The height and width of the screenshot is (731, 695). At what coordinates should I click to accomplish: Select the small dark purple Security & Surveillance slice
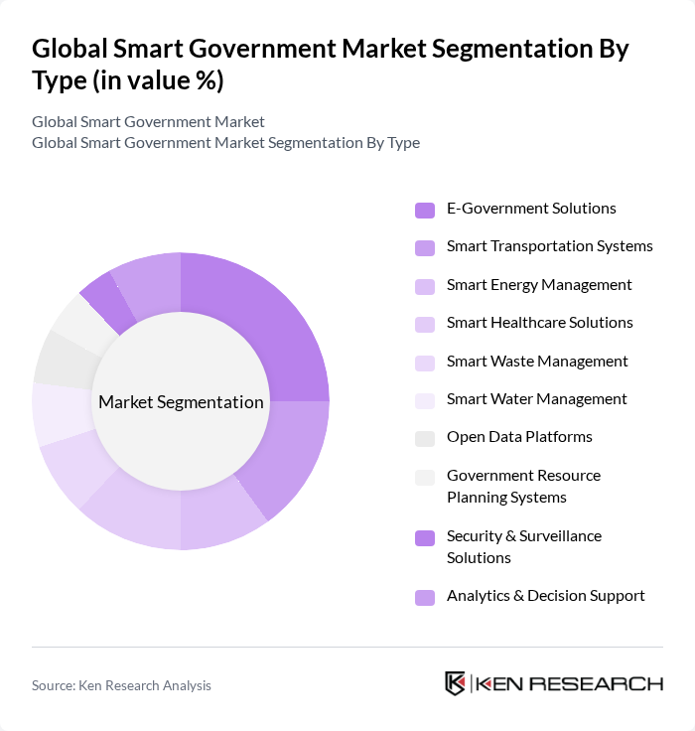point(108,302)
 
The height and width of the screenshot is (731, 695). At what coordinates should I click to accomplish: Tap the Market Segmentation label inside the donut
point(181,402)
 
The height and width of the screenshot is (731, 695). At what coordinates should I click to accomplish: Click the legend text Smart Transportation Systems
point(549,246)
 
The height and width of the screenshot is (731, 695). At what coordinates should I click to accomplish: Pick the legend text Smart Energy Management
point(538,285)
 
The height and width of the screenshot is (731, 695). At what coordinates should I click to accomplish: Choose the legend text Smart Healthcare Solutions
point(539,323)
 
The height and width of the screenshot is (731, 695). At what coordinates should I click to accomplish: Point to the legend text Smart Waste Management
point(537,362)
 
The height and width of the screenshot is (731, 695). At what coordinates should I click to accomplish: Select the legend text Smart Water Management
point(536,399)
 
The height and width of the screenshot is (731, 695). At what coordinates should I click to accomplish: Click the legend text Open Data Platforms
point(519,437)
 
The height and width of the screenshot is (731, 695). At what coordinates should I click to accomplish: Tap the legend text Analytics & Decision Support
point(545,596)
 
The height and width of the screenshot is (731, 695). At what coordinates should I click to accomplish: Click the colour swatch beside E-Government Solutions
point(425,210)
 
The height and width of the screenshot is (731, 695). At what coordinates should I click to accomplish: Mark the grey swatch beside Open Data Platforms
point(425,438)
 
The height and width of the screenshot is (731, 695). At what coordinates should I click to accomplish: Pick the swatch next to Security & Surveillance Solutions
point(425,537)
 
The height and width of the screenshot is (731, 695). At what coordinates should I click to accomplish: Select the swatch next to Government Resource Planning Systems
point(425,477)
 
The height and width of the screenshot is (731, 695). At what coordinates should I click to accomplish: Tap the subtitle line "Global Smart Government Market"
point(148,122)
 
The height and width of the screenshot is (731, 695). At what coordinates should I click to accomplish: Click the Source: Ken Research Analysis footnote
point(121,685)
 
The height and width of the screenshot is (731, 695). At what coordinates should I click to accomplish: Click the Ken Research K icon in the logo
point(456,683)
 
